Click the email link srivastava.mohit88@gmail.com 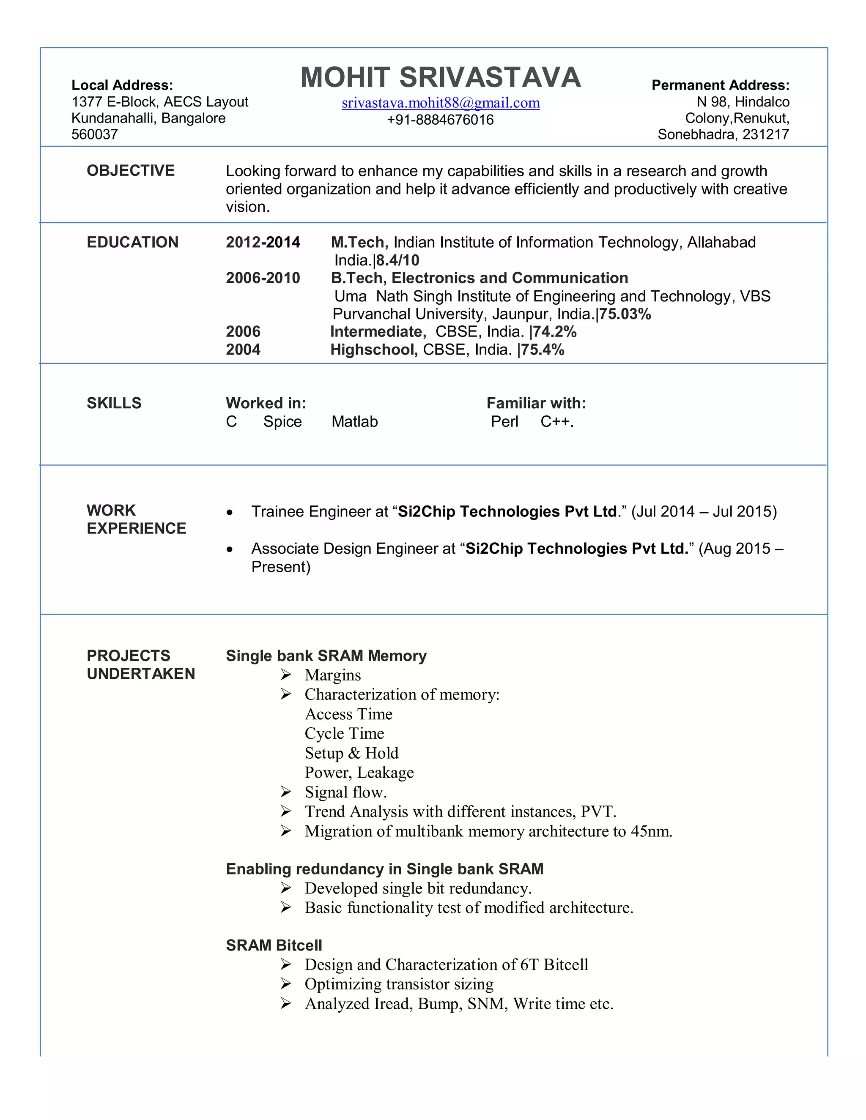coord(440,103)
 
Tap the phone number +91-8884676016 coord(440,120)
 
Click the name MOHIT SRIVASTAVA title coord(440,77)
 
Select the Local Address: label coord(122,85)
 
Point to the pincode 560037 coord(94,134)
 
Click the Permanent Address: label coord(720,85)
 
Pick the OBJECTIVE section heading coord(130,171)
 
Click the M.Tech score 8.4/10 coord(397,260)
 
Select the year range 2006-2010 coord(263,279)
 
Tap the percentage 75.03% coord(625,314)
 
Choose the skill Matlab coord(354,421)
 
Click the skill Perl coord(504,421)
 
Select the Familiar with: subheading coord(536,404)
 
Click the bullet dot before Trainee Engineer coord(230,512)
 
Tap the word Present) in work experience coord(281,567)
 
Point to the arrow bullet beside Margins coord(286,675)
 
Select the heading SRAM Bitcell coord(274,945)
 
